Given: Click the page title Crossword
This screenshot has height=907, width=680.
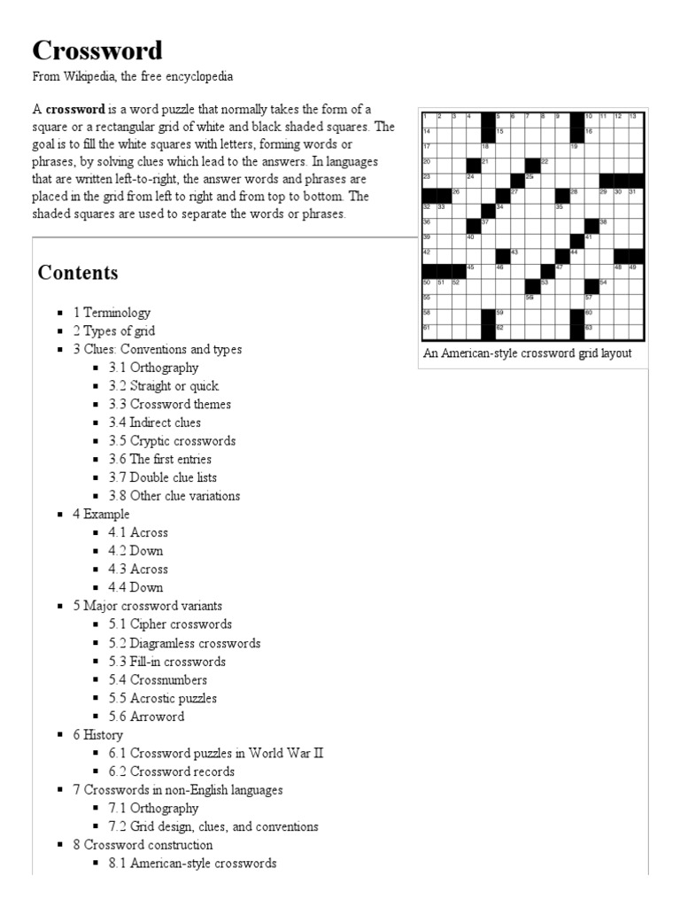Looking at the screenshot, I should (97, 50).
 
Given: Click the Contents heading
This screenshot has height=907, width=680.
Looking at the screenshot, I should (78, 273).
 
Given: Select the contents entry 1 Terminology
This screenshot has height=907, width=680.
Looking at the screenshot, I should (112, 313).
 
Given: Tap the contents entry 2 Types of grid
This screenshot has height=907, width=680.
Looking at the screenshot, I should (113, 331).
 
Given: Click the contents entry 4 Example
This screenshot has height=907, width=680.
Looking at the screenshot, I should (101, 515).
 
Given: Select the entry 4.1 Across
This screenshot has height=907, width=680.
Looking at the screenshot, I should (138, 532).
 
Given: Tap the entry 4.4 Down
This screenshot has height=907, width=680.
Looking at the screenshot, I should (135, 587).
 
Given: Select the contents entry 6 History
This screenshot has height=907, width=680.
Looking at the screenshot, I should (98, 735).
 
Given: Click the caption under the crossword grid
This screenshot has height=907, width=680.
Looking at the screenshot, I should (527, 353).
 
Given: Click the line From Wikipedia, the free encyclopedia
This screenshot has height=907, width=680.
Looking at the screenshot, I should (133, 77).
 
